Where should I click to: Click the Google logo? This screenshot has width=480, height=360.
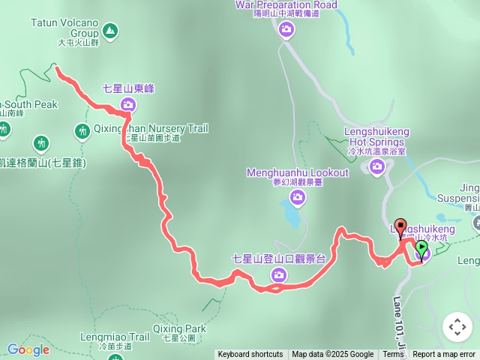pos(28,349)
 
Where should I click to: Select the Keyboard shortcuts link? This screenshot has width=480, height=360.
pos(250,355)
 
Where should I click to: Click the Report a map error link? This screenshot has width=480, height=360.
pos(444,355)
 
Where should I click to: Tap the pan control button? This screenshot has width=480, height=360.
pos(457,327)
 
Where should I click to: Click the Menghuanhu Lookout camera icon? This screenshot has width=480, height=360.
pos(298,197)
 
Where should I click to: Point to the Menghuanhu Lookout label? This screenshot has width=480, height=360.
pos(298,173)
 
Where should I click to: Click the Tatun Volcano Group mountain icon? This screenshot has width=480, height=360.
pos(110,31)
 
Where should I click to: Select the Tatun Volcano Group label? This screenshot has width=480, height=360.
pos(64,28)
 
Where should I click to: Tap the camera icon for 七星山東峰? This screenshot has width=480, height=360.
pos(127,106)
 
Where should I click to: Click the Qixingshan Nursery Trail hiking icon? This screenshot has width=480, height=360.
pos(82,132)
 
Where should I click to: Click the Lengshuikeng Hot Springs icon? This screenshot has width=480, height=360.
pos(376,166)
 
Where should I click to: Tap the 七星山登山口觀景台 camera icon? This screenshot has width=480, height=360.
pos(278,277)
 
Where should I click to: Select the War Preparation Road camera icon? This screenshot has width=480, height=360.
pos(286,29)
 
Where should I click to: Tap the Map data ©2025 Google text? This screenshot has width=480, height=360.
pos(332,355)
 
